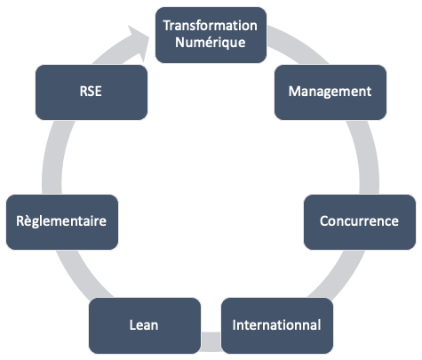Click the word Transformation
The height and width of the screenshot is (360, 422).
210,26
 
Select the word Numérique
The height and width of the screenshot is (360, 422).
211,43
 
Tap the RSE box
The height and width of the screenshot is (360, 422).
92,92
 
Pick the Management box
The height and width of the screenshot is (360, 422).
330,92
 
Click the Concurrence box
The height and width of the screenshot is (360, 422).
360,222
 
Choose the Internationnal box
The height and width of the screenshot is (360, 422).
277,325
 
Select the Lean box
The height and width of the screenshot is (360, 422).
145,325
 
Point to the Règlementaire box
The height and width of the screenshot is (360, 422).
62,222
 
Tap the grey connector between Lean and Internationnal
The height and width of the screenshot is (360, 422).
211,341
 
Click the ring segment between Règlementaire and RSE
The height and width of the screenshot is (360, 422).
54,157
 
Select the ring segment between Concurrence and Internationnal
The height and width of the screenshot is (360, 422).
338,274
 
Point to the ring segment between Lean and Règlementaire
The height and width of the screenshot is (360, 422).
83,274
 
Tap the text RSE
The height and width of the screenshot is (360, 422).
91,92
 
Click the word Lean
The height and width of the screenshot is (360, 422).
144,325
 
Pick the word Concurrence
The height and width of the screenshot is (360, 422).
359,221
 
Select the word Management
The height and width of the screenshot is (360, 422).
330,92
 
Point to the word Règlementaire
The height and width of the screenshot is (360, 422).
61,221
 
